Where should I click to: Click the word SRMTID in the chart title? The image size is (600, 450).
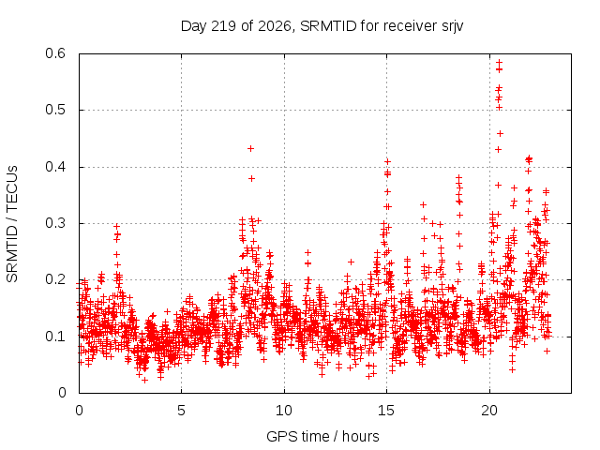click(x=328, y=26)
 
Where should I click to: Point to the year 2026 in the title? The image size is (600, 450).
click(x=275, y=26)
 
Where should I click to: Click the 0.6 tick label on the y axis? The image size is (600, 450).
click(x=55, y=53)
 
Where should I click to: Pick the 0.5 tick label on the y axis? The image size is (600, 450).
click(x=55, y=110)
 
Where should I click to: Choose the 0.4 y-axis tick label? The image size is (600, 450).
click(x=55, y=167)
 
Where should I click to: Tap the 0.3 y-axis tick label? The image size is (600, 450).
click(x=55, y=223)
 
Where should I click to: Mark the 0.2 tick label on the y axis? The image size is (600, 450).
click(x=55, y=279)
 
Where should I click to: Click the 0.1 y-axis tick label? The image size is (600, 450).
click(x=55, y=337)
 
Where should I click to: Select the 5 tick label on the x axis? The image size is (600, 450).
click(x=181, y=411)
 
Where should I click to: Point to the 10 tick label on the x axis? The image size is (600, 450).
click(x=284, y=411)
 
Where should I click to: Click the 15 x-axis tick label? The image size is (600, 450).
click(x=386, y=411)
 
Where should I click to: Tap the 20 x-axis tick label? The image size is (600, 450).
click(x=489, y=411)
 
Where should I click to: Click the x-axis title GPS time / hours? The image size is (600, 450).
click(x=322, y=437)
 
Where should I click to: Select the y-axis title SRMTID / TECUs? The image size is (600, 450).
click(x=12, y=224)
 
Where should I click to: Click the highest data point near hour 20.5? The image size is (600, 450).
click(x=499, y=62)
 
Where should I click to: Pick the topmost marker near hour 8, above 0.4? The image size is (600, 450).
click(x=250, y=148)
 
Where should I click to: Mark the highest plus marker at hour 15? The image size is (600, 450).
click(x=387, y=162)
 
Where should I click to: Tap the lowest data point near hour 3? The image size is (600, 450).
click(x=144, y=380)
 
